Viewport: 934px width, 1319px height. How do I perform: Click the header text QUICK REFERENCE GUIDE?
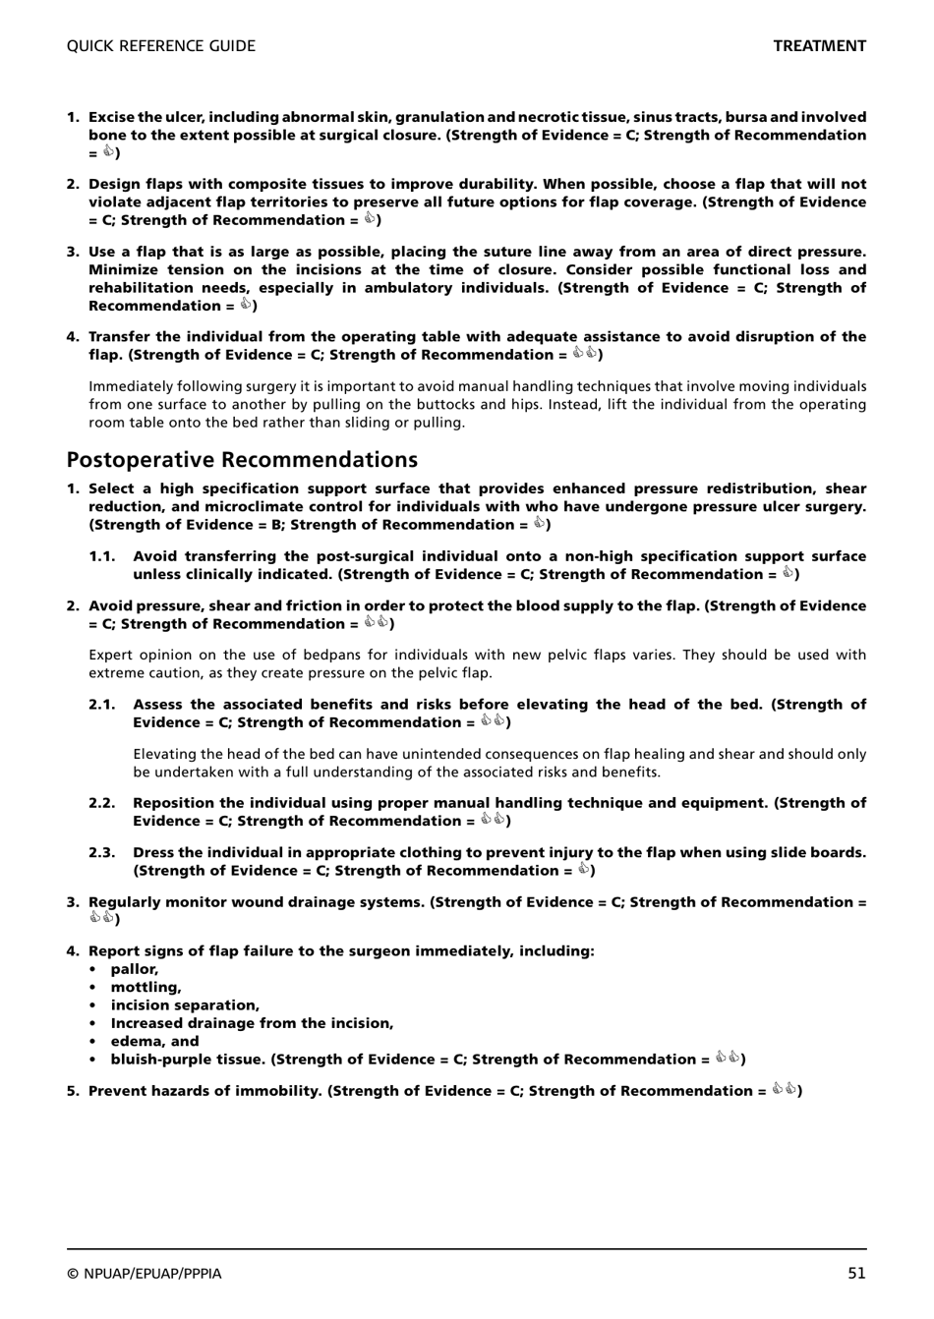[160, 46]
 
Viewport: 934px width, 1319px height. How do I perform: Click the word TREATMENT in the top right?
[819, 46]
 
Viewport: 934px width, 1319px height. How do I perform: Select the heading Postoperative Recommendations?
[242, 460]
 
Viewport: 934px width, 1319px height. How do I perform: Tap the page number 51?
[856, 1273]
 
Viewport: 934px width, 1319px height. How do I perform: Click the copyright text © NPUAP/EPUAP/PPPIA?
[145, 1274]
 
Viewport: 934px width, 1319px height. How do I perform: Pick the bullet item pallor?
[134, 969]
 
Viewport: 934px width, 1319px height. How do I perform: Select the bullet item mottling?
[146, 987]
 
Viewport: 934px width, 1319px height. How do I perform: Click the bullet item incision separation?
[185, 1005]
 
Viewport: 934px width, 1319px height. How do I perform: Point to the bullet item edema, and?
[154, 1041]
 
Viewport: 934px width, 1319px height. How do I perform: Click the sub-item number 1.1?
[102, 556]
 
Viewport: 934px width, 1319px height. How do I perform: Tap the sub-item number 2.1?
[102, 705]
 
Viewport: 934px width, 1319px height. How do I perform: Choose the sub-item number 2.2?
[102, 803]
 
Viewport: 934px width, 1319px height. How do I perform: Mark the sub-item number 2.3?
[102, 852]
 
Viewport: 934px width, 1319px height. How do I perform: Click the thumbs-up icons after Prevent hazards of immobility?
[784, 1090]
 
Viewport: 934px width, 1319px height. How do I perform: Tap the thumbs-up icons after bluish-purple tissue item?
[728, 1059]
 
